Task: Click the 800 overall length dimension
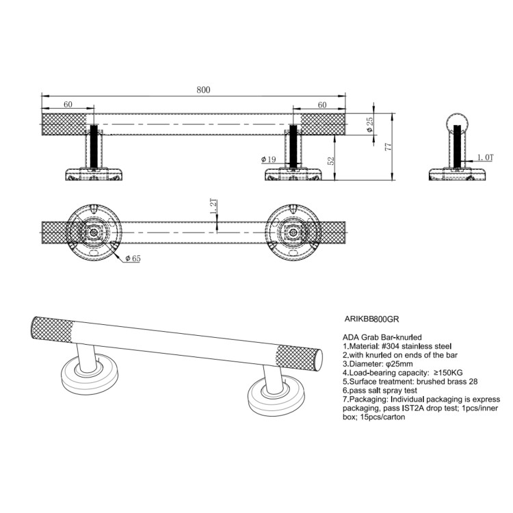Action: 203,90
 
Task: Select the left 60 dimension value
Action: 68,104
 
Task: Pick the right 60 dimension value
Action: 321,104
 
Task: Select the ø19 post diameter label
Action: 268,159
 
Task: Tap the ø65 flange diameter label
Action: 133,258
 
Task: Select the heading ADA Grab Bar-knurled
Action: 381,337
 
